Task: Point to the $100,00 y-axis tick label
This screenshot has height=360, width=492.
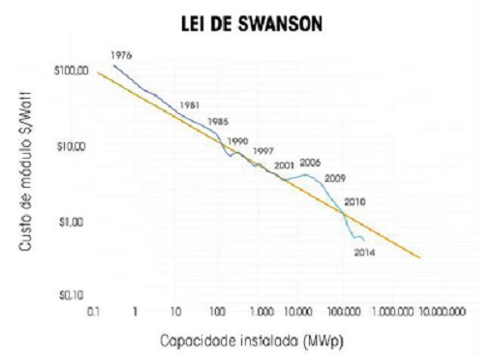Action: tap(72, 72)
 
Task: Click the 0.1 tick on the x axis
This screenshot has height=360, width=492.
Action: tap(93, 313)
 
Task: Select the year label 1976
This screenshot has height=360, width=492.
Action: tap(121, 54)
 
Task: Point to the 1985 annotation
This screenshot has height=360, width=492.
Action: tap(218, 122)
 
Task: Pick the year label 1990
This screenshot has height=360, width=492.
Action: tap(237, 141)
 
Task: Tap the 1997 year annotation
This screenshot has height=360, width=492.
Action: tap(262, 152)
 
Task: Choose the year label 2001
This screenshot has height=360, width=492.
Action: tap(284, 166)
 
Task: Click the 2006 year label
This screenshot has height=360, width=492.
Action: tap(310, 163)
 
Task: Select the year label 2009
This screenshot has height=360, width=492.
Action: tap(335, 177)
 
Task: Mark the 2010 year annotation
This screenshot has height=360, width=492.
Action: tap(354, 202)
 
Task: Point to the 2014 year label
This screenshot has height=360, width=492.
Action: tap(364, 253)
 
